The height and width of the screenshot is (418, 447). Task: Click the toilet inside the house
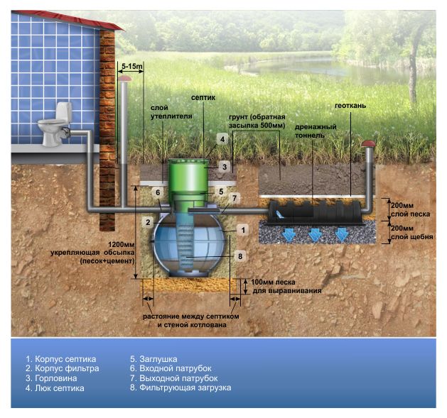click(55, 124)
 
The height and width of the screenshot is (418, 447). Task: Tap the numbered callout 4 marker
click(222, 139)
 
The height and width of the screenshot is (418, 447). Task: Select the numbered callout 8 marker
click(240, 256)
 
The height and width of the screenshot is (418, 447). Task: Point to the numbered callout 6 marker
click(158, 192)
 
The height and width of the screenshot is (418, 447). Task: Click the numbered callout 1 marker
click(243, 230)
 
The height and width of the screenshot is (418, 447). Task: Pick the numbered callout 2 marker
click(148, 222)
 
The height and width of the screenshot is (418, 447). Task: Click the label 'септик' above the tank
click(203, 98)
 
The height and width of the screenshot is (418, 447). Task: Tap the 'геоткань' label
click(350, 106)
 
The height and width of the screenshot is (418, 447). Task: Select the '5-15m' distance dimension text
click(132, 66)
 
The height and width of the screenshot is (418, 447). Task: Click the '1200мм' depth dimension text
click(121, 244)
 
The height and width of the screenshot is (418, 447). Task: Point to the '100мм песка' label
click(273, 282)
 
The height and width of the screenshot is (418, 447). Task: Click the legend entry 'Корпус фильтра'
click(63, 368)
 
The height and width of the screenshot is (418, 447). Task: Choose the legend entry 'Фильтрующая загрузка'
click(181, 387)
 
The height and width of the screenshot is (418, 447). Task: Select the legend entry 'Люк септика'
click(55, 388)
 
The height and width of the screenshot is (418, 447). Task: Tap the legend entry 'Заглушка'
click(154, 359)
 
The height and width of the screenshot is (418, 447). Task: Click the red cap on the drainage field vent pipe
click(369, 143)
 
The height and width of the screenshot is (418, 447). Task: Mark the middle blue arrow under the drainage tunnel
click(316, 235)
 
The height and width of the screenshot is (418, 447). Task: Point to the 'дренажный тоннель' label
click(316, 131)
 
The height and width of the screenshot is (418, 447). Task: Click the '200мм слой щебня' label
click(411, 232)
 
